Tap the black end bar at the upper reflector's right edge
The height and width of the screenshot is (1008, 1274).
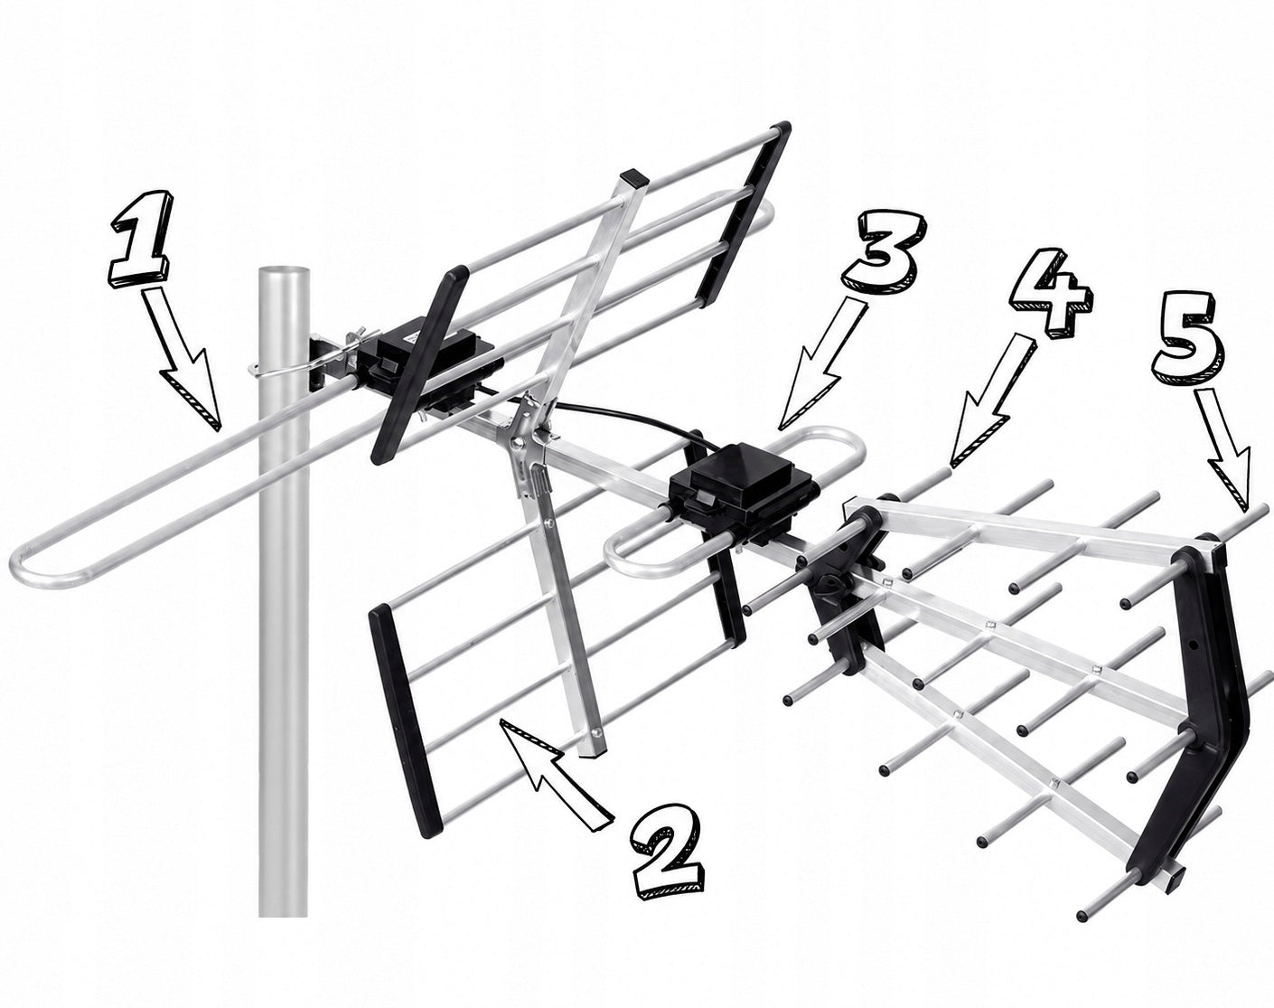(743, 214)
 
